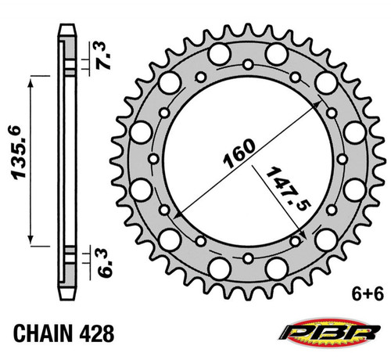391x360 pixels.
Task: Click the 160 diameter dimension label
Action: click(239, 153)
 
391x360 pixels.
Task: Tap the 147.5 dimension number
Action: click(288, 189)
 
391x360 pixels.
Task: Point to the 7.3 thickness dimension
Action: click(103, 56)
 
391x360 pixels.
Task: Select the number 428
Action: click(97, 333)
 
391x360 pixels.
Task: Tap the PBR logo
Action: click(329, 332)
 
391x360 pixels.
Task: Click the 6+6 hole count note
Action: click(368, 294)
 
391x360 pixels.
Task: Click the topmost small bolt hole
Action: click(248, 64)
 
